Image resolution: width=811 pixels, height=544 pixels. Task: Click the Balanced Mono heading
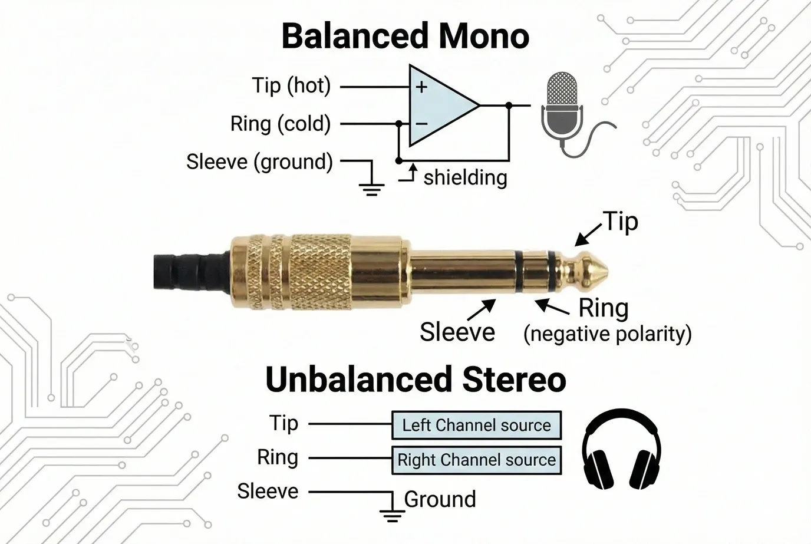[x=405, y=36]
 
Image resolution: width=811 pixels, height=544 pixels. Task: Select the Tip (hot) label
[x=291, y=86]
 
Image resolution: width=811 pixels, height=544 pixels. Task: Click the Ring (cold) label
[x=280, y=124]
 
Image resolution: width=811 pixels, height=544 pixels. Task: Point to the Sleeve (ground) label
[x=259, y=161]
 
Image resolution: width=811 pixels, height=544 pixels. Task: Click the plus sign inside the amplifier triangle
[x=421, y=87]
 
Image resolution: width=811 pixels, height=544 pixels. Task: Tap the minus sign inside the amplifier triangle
[x=421, y=124]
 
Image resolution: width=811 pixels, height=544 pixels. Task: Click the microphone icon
[x=562, y=109]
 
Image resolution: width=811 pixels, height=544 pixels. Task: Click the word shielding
[x=465, y=177]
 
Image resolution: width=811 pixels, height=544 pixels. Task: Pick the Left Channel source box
[x=476, y=425]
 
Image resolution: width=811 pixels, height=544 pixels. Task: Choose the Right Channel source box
[x=476, y=460]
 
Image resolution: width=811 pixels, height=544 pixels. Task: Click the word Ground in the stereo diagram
[x=440, y=499]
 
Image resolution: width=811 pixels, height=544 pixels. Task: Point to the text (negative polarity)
[x=607, y=334]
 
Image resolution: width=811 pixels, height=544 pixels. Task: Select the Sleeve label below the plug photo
[x=457, y=332]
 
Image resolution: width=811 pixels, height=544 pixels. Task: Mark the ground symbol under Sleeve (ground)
[x=371, y=187]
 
